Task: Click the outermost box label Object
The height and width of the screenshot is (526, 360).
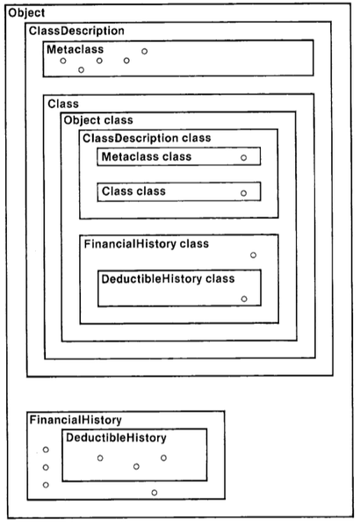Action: pos(26,13)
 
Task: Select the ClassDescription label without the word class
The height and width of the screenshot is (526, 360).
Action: pos(76,31)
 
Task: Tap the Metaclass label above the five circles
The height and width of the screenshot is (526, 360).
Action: pos(74,49)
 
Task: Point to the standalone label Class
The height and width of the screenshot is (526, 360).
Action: pos(62,104)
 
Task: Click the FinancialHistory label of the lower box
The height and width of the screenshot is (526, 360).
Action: pos(75,421)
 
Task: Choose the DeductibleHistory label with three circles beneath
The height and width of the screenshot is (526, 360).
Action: pos(114,436)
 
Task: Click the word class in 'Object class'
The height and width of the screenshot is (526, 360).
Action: pos(119,120)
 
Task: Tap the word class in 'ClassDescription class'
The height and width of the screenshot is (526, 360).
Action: pos(196,138)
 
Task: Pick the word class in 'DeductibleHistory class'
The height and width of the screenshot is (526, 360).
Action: pos(220,278)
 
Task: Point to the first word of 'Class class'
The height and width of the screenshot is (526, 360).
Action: pos(117,191)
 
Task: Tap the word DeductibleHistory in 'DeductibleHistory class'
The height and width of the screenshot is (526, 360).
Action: pos(151,278)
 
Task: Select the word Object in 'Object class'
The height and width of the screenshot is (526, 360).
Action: pos(83,120)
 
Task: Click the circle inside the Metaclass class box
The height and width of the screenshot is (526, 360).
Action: pos(244,157)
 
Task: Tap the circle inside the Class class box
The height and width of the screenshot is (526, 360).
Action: pos(244,193)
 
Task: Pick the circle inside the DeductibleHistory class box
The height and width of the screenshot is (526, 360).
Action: pos(244,299)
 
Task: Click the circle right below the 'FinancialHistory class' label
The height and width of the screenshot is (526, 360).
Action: pos(253,256)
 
